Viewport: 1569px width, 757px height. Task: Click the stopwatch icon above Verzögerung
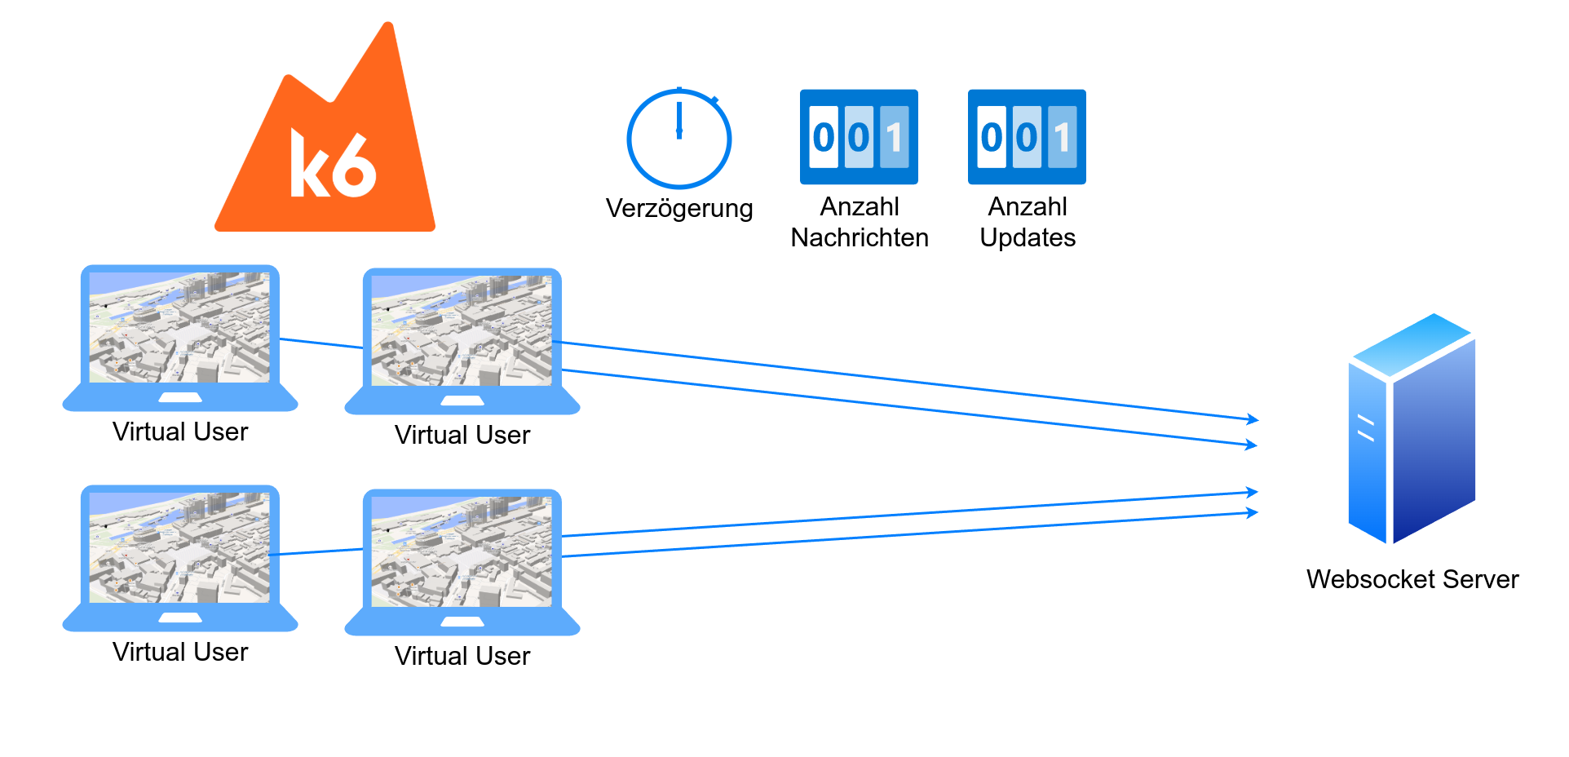pyautogui.click(x=678, y=139)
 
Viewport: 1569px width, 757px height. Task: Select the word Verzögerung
pyautogui.click(x=679, y=209)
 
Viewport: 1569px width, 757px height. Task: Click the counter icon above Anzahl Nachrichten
pyautogui.click(x=859, y=136)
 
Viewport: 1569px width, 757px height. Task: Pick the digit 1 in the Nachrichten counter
pyautogui.click(x=895, y=137)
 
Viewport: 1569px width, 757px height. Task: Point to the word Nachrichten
pyautogui.click(x=860, y=238)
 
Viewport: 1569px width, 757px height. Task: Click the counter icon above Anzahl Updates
pyautogui.click(x=1027, y=136)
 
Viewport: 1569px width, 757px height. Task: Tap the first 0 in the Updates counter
pyautogui.click(x=991, y=137)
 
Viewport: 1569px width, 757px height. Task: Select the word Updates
pyautogui.click(x=1028, y=238)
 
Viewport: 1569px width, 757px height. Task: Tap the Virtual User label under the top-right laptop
pyautogui.click(x=462, y=436)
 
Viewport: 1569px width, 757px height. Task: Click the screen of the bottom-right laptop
pyautogui.click(x=462, y=551)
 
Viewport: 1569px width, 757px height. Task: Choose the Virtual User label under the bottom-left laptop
pyautogui.click(x=180, y=653)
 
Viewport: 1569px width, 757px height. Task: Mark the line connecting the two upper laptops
pyautogui.click(x=321, y=343)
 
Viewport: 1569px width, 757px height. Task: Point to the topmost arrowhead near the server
pyautogui.click(x=1253, y=419)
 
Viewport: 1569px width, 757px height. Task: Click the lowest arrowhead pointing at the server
pyautogui.click(x=1253, y=513)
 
